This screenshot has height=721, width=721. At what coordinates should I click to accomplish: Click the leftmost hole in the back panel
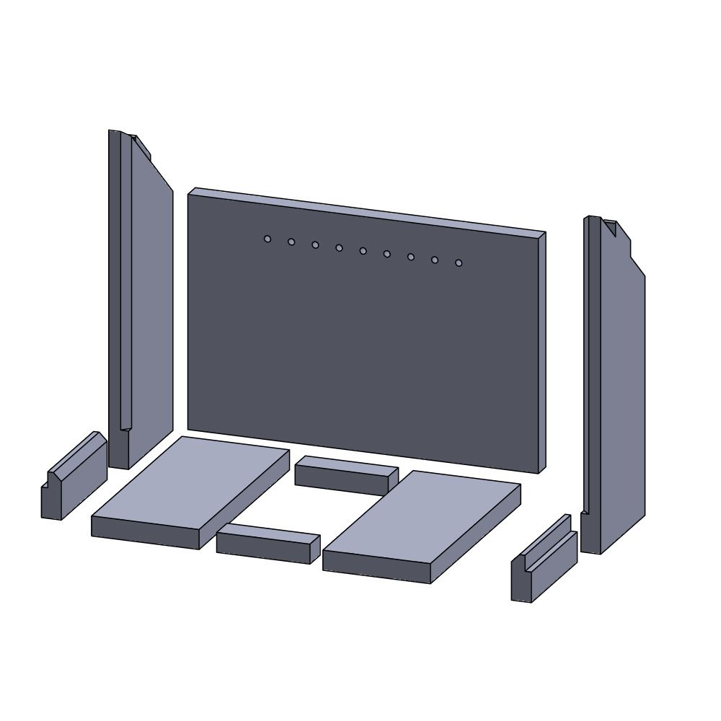click(267, 239)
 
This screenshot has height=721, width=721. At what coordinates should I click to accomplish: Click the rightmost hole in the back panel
click(459, 263)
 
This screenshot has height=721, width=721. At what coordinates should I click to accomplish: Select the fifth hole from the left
click(363, 251)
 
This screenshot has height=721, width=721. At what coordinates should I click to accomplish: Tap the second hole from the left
click(291, 242)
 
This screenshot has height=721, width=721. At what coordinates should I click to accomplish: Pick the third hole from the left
click(315, 245)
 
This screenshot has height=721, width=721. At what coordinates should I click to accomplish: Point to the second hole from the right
click(435, 260)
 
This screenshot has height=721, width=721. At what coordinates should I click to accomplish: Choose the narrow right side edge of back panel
click(541, 353)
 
